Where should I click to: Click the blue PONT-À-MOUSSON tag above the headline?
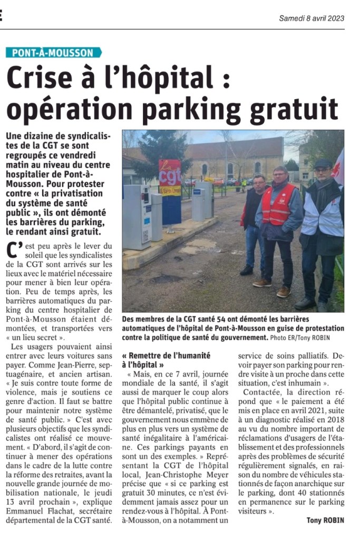point(53,53)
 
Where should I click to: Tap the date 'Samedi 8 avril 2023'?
point(312,18)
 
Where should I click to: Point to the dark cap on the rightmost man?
point(323,164)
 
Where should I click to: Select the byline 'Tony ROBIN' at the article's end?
point(326,520)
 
